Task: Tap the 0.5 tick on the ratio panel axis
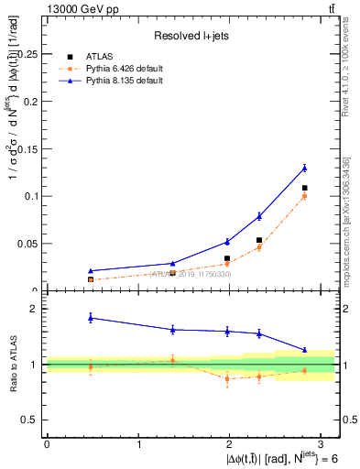[x=32, y=420]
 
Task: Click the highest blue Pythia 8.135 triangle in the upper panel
[x=304, y=168]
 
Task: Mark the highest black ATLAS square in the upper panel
[x=304, y=188]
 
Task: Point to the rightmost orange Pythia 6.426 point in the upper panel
[x=304, y=196]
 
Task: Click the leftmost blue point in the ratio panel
[x=90, y=317]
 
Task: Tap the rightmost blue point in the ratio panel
[x=304, y=350]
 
